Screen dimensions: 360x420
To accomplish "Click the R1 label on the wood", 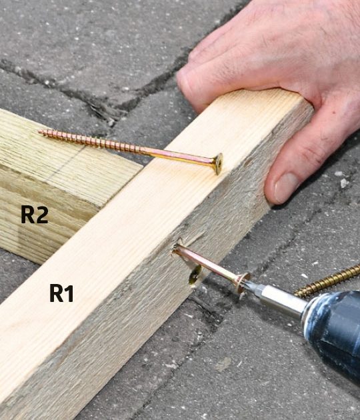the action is point(61,293).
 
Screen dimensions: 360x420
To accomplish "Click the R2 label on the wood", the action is point(35,214).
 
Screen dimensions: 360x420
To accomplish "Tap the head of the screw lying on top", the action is point(218,163).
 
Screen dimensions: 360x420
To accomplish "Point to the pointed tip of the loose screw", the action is point(39,131).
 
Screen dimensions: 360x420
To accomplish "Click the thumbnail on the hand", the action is point(286,188).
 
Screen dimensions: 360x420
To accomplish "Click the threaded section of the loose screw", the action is point(91,141).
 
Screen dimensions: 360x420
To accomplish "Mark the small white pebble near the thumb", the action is point(344,183).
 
